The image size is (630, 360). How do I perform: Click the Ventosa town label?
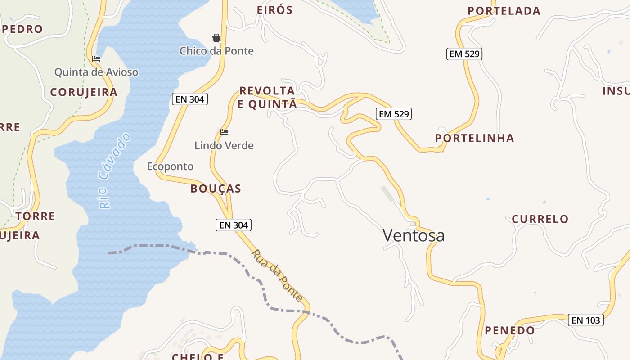(414, 235)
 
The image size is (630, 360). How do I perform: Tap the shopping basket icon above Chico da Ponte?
(216, 38)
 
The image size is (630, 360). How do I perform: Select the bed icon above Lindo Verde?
(224, 132)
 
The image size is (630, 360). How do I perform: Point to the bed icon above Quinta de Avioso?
(96, 59)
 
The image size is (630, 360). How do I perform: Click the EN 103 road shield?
(585, 320)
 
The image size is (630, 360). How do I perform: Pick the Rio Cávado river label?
(114, 171)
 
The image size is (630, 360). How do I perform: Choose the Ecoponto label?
(170, 166)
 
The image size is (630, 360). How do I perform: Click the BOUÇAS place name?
(216, 189)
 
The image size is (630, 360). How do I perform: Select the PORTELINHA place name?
(474, 138)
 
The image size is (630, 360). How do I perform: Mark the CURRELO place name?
(540, 219)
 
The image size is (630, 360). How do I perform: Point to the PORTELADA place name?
(504, 11)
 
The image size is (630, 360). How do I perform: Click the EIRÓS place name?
(274, 10)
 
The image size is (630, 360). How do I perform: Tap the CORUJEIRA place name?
(84, 92)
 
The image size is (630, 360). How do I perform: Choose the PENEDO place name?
(510, 330)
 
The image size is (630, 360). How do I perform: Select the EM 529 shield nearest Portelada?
(464, 54)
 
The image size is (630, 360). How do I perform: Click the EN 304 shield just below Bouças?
(234, 225)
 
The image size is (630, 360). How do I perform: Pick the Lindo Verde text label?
(224, 145)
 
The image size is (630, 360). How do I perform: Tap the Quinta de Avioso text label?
(96, 72)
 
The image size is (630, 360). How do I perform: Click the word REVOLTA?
(267, 91)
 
